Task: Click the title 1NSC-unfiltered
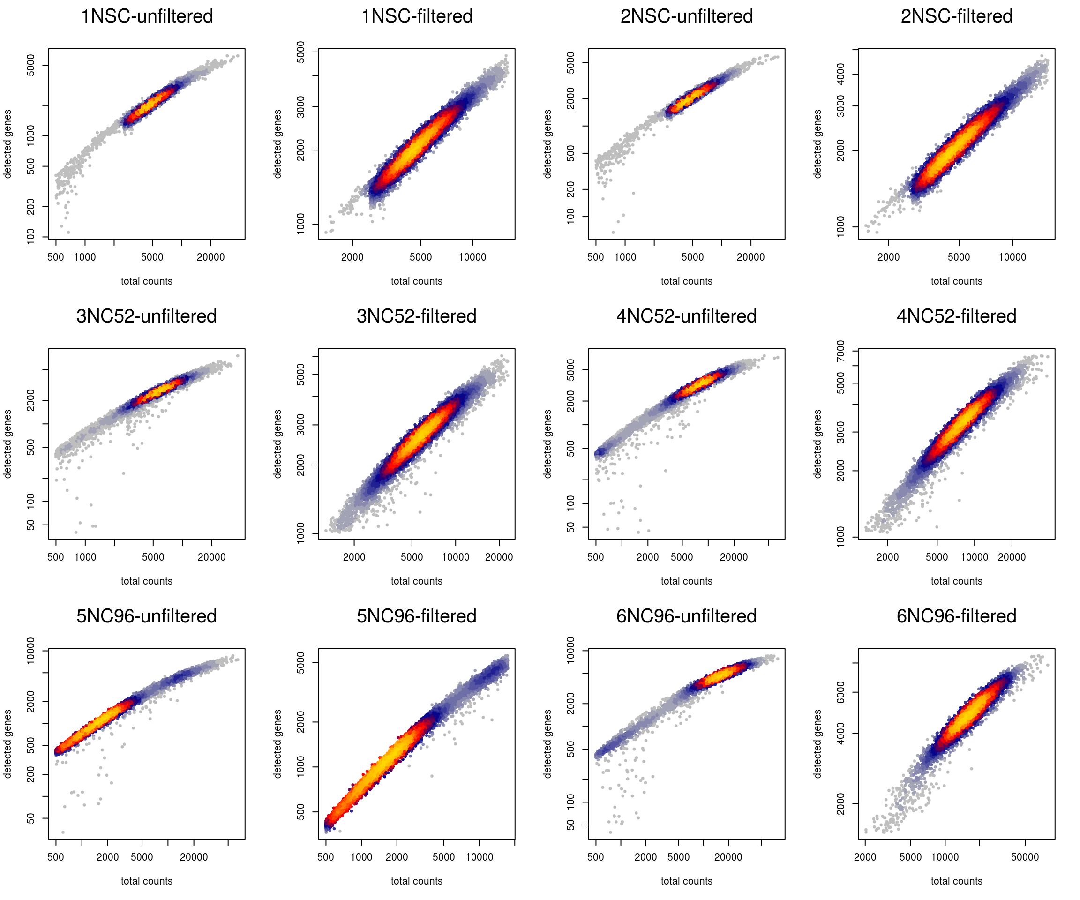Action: point(147,16)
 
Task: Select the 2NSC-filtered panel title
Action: point(956,16)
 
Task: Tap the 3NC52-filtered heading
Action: point(416,316)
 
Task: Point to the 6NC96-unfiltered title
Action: point(686,616)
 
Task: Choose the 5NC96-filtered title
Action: point(416,616)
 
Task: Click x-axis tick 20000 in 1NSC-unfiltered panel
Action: point(210,257)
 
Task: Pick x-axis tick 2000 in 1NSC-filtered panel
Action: point(352,257)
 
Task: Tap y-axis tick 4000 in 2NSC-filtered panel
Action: point(841,74)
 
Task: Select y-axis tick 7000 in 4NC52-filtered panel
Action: point(841,351)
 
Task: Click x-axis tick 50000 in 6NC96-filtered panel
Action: point(1025,857)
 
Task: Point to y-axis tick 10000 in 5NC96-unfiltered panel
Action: point(31,651)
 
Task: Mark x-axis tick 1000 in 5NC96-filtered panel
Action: point(361,857)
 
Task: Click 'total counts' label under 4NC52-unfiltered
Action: point(686,581)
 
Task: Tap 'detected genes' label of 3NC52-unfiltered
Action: point(7,444)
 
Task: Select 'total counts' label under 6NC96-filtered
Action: point(956,881)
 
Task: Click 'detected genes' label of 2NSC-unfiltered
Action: point(547,144)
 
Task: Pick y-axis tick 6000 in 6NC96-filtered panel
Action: point(841,692)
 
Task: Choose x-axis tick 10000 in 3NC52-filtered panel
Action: point(455,557)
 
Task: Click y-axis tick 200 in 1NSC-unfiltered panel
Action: point(31,207)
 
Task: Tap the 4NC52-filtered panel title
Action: point(956,316)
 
